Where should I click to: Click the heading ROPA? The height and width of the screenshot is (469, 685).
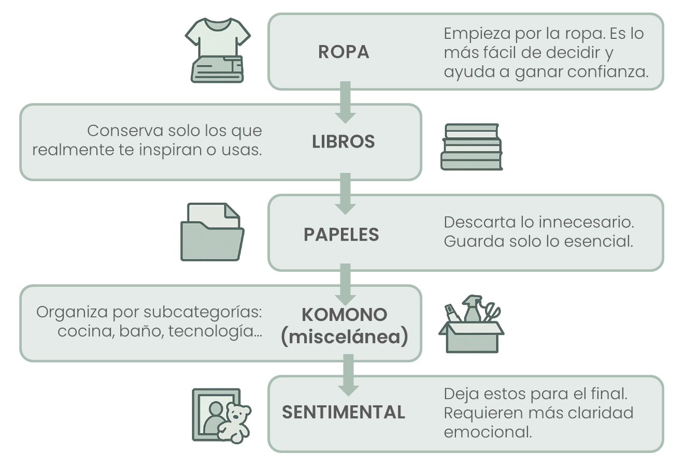tap(344, 52)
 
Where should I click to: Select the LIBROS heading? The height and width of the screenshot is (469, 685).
tap(343, 141)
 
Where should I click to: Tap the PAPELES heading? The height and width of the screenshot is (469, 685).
tap(341, 234)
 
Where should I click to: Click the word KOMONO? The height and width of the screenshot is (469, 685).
tap(344, 314)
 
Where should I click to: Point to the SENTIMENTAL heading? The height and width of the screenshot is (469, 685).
tap(343, 412)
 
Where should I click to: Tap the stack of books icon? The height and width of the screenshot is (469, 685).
tap(471, 147)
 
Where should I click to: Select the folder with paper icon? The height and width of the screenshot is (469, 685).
tap(212, 232)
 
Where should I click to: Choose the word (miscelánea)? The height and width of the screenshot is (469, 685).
tap(344, 337)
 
